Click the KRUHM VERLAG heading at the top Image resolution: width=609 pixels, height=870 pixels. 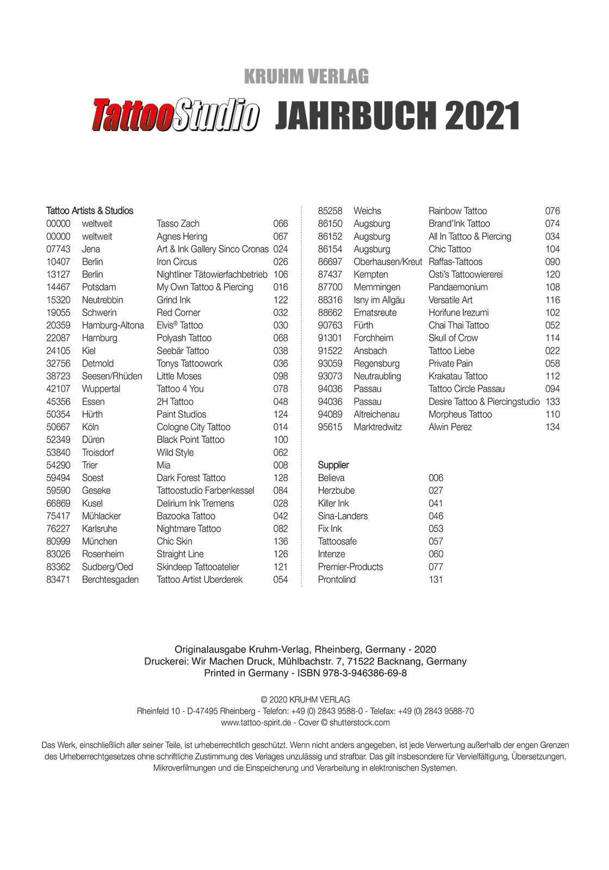306,77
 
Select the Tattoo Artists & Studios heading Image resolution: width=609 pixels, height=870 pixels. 90,211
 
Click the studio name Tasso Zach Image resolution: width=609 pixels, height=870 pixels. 178,223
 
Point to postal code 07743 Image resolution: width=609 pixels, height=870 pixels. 58,249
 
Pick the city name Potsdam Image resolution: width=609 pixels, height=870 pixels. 99,287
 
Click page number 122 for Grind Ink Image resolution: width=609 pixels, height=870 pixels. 281,300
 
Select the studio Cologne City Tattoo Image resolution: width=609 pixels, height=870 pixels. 193,427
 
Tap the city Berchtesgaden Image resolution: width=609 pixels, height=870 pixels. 110,580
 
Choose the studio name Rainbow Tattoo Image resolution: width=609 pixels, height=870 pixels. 458,211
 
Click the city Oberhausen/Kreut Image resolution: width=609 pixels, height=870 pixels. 388,262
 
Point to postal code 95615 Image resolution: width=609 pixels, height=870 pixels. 330,427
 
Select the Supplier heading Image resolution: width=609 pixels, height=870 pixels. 333,465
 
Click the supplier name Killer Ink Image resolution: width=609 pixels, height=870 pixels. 333,504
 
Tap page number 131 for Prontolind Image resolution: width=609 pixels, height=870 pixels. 436,580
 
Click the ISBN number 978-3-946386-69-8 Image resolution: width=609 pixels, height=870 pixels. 368,673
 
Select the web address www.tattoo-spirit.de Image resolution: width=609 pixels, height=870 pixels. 257,723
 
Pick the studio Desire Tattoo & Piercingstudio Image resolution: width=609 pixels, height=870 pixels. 484,402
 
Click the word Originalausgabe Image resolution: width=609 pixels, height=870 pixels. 210,649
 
